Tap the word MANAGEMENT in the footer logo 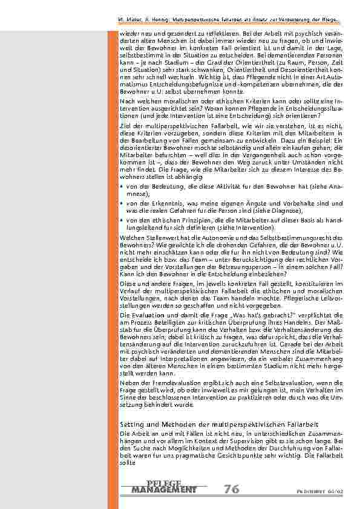pos(163,489)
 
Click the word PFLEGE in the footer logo pos(163,482)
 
